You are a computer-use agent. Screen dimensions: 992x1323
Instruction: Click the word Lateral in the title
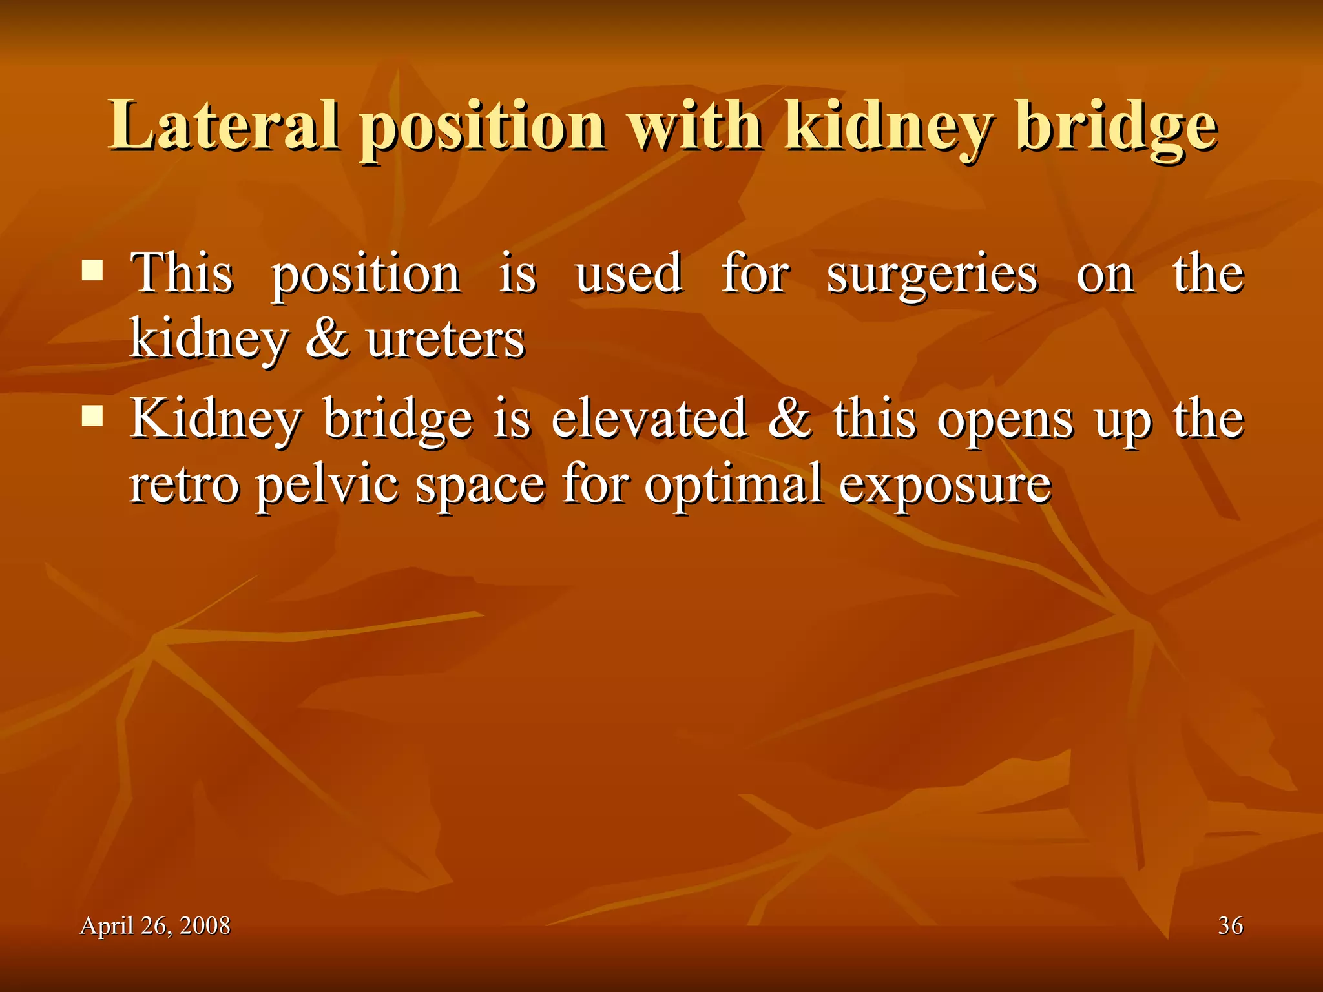[x=223, y=126]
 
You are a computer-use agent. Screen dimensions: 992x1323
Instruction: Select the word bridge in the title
[x=1117, y=127]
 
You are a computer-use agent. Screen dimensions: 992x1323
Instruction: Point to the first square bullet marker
[x=93, y=271]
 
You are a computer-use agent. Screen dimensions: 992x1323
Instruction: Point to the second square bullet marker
[x=93, y=417]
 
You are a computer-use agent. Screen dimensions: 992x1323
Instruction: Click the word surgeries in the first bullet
[x=932, y=274]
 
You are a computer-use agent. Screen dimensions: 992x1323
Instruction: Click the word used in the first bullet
[x=629, y=273]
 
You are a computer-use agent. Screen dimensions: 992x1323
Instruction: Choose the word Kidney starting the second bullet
[x=216, y=420]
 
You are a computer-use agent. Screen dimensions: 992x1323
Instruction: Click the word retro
[x=185, y=486]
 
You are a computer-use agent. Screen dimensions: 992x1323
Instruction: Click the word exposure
[x=945, y=486]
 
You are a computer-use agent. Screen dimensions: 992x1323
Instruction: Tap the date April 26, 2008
[x=155, y=925]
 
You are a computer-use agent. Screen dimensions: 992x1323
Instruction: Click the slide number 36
[x=1230, y=925]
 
